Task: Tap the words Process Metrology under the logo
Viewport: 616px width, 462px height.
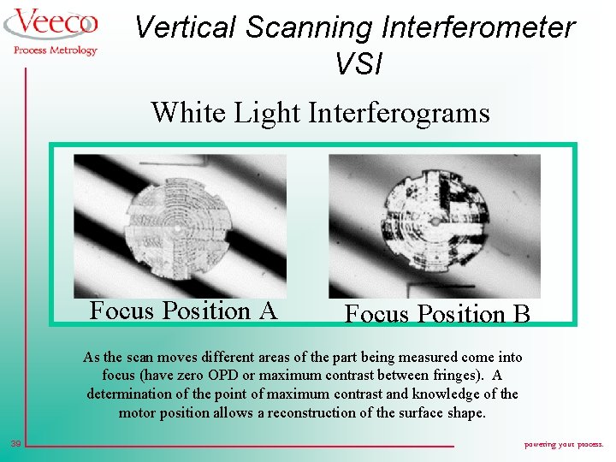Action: point(56,50)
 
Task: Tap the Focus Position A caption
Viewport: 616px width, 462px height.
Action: point(183,310)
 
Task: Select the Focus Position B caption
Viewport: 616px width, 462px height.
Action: point(437,314)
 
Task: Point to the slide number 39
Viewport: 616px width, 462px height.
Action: point(15,443)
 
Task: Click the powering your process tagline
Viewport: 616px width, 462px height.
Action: point(563,444)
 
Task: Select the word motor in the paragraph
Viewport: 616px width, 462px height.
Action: point(139,412)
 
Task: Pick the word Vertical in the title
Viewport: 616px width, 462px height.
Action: point(186,27)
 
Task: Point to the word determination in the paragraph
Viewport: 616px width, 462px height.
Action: point(130,394)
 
